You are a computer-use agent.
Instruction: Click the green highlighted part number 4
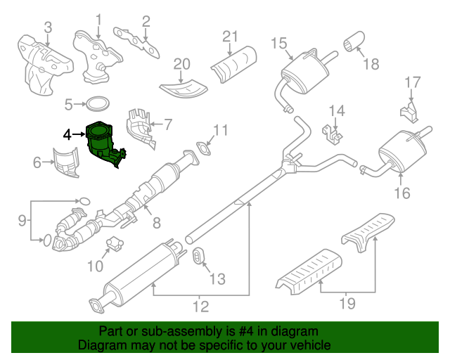pyautogui.click(x=103, y=144)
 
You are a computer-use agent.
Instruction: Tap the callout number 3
pyautogui.click(x=47, y=28)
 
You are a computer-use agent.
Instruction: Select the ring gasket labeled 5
pyautogui.click(x=97, y=105)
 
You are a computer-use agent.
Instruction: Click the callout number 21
pyautogui.click(x=231, y=37)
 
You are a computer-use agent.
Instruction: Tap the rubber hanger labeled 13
pyautogui.click(x=199, y=257)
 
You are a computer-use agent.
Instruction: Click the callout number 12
pyautogui.click(x=200, y=307)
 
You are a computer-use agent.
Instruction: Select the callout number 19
pyautogui.click(x=347, y=304)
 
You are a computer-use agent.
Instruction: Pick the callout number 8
pyautogui.click(x=156, y=224)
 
